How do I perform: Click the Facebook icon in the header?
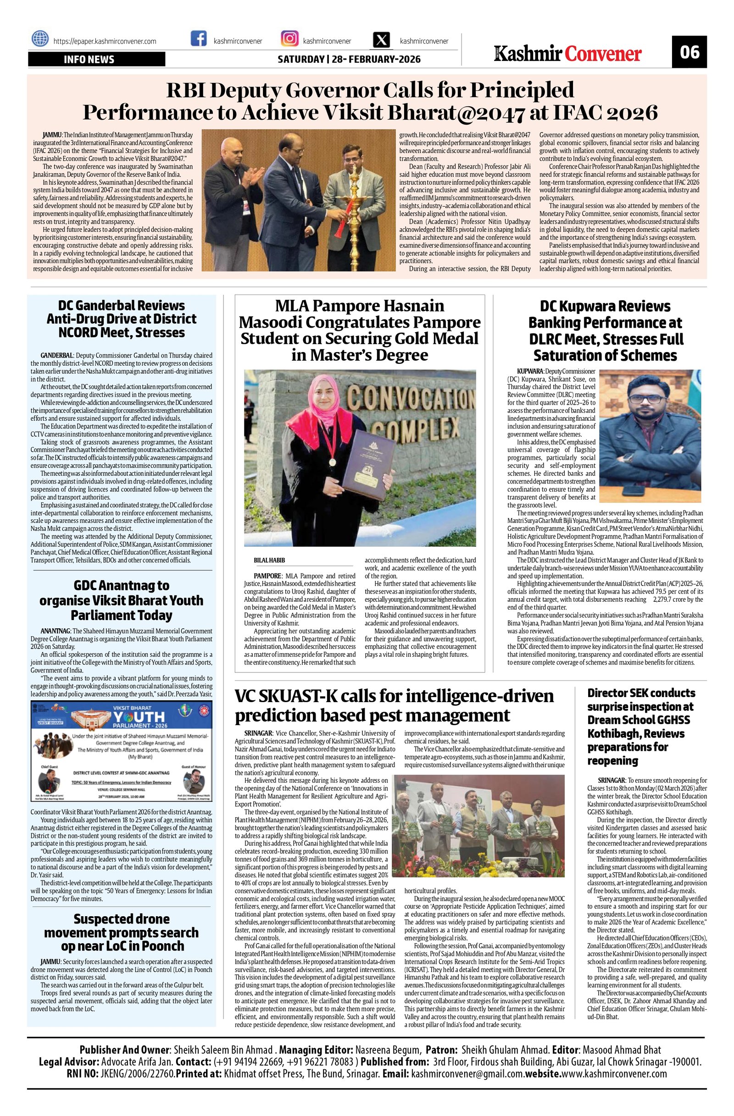199,39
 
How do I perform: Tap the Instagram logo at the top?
289,39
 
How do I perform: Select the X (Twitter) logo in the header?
382,39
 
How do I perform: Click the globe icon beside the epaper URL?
40,39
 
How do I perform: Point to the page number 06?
690,52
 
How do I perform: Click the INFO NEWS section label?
89,60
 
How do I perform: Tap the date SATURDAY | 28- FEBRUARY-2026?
349,60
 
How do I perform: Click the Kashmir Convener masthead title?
568,54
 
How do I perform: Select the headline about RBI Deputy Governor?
370,101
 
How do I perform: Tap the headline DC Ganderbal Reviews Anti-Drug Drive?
122,319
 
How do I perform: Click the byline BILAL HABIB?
269,561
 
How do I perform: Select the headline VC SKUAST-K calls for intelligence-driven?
394,706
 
